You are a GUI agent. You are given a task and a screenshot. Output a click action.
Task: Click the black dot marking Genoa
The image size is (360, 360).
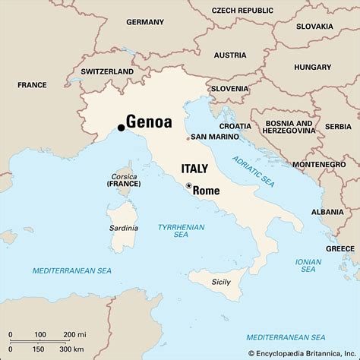(122, 127)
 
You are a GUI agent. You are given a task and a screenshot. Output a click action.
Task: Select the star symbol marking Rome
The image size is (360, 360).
(188, 185)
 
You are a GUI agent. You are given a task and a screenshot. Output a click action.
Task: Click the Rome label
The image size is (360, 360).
(207, 191)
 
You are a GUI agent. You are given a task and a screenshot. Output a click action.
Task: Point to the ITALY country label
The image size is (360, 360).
(195, 169)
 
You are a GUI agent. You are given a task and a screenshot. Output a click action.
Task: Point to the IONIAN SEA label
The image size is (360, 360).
(308, 265)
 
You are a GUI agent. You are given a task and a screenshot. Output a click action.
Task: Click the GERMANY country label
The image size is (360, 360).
(145, 22)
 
